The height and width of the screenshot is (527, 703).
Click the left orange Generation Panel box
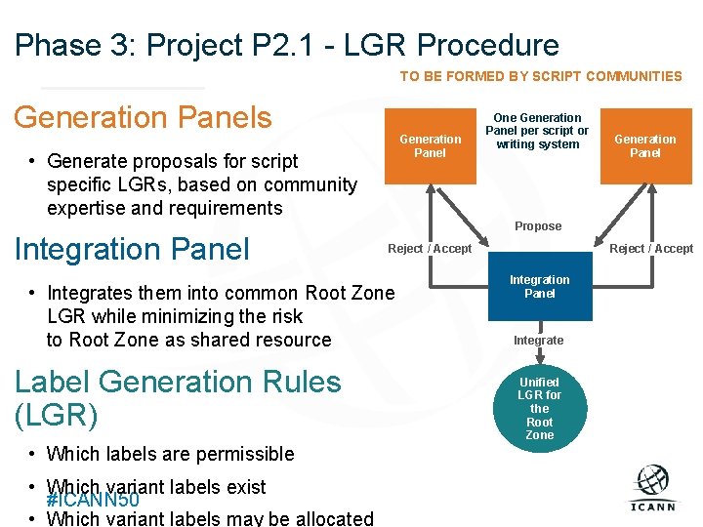pyautogui.click(x=430, y=145)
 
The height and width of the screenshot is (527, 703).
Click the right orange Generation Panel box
pyautogui.click(x=644, y=145)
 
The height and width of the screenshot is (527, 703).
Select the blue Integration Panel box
pyautogui.click(x=539, y=287)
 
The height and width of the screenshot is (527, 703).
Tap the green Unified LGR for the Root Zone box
pyautogui.click(x=539, y=408)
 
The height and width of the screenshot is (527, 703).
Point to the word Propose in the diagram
pyautogui.click(x=538, y=226)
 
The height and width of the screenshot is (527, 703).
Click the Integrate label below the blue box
pyautogui.click(x=538, y=341)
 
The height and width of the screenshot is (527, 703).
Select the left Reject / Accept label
pyautogui.click(x=429, y=249)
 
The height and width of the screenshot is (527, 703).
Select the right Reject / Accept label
pyautogui.click(x=651, y=249)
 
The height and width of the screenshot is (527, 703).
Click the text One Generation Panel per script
pyautogui.click(x=537, y=131)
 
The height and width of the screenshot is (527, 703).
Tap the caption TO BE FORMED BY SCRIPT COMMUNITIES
pyautogui.click(x=541, y=76)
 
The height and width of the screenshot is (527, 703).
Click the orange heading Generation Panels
pyautogui.click(x=143, y=117)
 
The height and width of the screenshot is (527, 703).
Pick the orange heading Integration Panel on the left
pyautogui.click(x=132, y=249)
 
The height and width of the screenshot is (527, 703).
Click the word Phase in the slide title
pyautogui.click(x=58, y=45)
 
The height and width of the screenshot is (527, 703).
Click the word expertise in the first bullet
pyautogui.click(x=87, y=208)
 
